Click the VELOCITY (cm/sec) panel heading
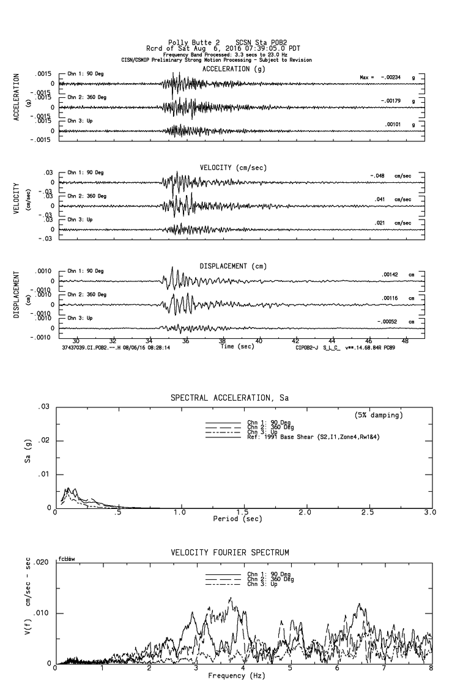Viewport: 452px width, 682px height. click(x=233, y=168)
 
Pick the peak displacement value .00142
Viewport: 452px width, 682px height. click(x=390, y=275)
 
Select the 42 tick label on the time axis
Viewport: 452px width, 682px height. click(x=296, y=340)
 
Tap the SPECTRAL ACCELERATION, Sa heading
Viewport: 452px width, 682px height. click(x=229, y=398)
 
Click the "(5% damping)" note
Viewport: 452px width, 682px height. click(x=379, y=415)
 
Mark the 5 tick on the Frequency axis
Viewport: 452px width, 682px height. click(x=290, y=669)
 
